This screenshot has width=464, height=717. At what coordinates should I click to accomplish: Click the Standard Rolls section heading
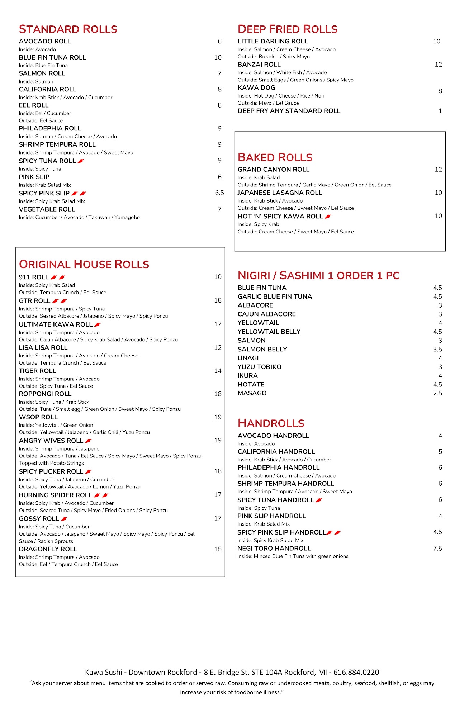click(68, 29)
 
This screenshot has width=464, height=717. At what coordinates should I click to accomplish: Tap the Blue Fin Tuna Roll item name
click(52, 57)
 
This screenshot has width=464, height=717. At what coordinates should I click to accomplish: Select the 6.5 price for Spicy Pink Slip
click(219, 193)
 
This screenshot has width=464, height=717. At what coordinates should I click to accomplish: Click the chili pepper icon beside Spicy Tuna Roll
click(81, 161)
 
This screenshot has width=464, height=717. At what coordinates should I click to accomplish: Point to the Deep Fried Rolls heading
click(287, 29)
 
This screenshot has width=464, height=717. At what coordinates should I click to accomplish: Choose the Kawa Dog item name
click(256, 88)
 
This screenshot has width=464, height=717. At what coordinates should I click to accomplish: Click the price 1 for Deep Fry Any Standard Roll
click(440, 111)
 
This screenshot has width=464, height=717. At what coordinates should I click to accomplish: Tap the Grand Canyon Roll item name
click(273, 170)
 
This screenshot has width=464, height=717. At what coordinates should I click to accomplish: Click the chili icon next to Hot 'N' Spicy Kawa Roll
click(328, 217)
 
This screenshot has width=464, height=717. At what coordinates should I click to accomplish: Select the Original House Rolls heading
click(84, 264)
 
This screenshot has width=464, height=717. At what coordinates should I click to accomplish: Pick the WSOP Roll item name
click(38, 417)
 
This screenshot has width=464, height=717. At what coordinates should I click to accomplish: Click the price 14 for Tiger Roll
click(218, 371)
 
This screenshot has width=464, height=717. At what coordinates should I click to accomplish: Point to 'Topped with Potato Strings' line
click(51, 463)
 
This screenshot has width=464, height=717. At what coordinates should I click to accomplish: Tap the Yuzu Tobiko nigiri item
click(259, 367)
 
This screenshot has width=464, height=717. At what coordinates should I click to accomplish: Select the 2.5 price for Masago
click(437, 393)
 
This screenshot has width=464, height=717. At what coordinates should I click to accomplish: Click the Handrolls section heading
click(271, 423)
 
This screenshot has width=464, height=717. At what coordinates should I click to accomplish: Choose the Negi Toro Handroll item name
click(274, 549)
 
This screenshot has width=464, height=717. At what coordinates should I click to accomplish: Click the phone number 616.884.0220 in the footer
click(356, 672)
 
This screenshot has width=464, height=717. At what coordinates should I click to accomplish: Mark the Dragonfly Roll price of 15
click(218, 549)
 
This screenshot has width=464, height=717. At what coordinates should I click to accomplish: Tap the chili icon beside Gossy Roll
click(64, 519)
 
